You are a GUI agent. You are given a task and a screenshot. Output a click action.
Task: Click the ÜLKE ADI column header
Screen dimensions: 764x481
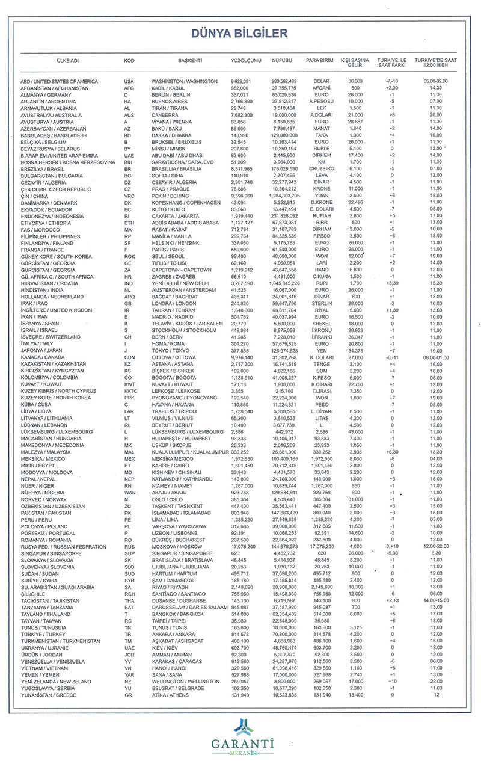coord(52,61)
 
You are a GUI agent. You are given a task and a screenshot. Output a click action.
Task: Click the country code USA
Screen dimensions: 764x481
coord(129,81)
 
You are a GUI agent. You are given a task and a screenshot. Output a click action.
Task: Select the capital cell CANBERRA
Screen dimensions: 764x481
coord(167,114)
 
